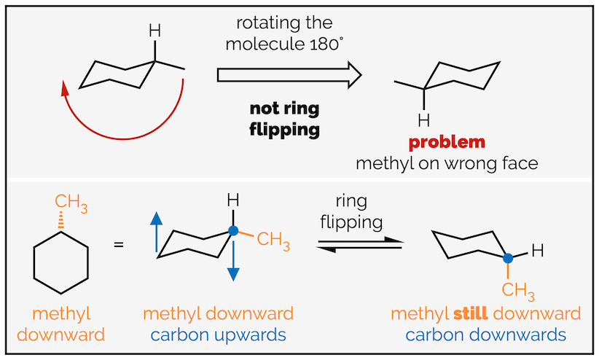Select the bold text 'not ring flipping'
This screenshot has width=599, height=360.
point(285,120)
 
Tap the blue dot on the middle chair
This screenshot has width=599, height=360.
point(232,231)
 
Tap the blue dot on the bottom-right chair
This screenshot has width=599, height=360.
point(508,257)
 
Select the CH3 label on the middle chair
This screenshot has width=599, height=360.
point(273,239)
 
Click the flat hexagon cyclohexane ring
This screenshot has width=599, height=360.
point(60,259)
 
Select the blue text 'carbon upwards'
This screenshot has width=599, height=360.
point(218,335)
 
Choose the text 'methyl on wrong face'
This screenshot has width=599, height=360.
point(447,163)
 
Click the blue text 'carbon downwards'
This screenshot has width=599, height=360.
point(485,335)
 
